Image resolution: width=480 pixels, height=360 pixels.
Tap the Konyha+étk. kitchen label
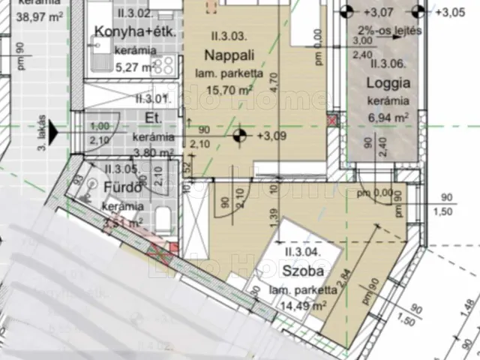[124, 32]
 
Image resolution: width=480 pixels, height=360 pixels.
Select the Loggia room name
[388, 83]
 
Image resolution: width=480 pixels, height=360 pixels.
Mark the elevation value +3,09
[272, 136]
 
